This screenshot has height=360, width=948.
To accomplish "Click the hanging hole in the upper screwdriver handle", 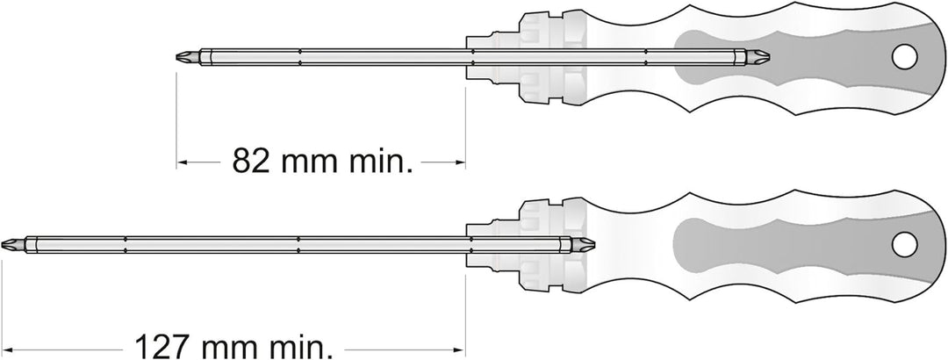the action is coord(904,56).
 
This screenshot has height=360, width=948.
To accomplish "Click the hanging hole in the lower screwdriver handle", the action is coord(904,244).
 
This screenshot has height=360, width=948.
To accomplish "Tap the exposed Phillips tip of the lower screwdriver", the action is coord(13,244).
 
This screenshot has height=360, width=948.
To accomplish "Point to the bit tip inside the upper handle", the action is coord(757,57).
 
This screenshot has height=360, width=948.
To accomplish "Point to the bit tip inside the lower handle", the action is coord(582,244).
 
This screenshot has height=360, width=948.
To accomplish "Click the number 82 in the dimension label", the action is coord(252,161).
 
